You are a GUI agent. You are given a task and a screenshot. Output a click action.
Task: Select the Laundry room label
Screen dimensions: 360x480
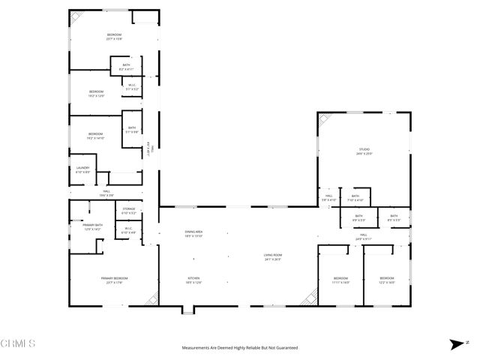[82, 169]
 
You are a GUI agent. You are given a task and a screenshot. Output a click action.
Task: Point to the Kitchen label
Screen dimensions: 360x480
[194, 280]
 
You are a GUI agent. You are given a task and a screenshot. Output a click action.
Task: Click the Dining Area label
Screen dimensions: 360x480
[194, 233]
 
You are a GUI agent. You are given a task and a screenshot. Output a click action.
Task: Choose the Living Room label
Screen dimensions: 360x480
[272, 257]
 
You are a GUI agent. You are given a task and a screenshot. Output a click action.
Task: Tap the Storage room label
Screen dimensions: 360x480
[128, 211]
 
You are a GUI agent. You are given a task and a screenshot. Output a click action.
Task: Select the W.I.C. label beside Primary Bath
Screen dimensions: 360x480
[128, 230]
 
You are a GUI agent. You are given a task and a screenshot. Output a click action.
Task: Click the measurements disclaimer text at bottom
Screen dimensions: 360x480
[240, 348]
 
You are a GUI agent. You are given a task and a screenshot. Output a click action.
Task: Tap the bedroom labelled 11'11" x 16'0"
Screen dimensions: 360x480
[341, 280]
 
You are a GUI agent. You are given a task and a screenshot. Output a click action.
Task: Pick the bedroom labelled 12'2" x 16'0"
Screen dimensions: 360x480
[385, 280]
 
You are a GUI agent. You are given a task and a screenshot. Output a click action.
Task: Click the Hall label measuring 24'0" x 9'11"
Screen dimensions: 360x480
[363, 237]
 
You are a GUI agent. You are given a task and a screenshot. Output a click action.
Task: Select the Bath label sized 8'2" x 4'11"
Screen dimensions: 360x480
[127, 67]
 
